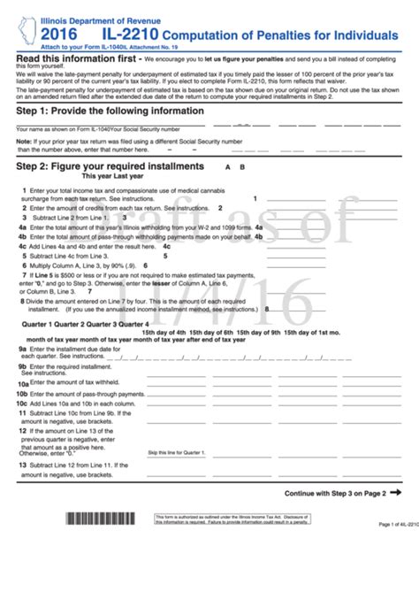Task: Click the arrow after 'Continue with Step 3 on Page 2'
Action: coord(395,493)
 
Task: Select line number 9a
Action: coord(23,350)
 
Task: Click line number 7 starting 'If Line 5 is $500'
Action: coord(22,275)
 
